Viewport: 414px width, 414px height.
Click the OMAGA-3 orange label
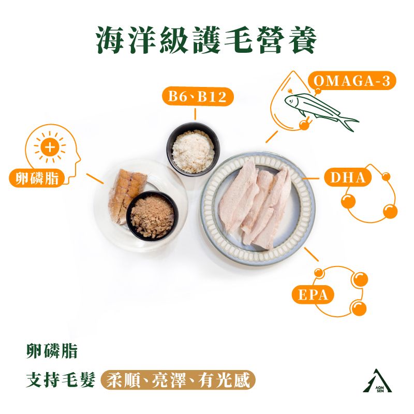point(352,81)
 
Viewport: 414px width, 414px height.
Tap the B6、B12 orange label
point(198,96)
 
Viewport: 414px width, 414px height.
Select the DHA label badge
point(348,178)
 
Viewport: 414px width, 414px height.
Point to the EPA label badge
point(313,294)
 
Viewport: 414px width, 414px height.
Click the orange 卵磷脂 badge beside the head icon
point(37,178)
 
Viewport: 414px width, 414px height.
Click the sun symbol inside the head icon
point(50,147)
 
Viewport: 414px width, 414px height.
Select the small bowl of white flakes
point(193,150)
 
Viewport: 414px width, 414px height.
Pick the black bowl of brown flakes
point(152,216)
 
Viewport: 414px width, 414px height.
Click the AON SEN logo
point(377,380)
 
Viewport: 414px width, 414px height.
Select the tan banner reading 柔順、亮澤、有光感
point(178,380)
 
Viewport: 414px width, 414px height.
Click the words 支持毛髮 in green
point(61,380)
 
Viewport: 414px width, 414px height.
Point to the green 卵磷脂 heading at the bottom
point(52,351)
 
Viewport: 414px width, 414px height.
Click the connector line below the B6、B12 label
point(195,114)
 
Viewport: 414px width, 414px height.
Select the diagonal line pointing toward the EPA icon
point(312,254)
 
